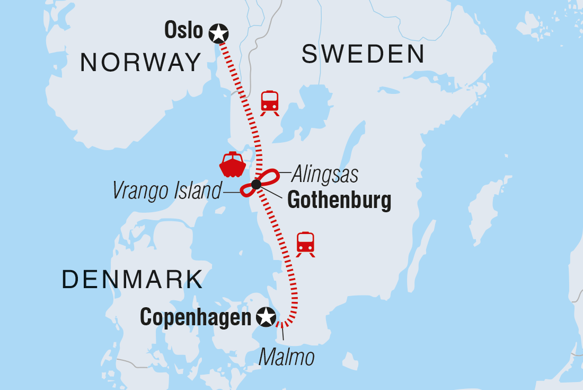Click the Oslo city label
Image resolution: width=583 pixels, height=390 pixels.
click(x=184, y=30)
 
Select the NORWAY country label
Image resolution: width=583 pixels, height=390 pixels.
click(x=140, y=63)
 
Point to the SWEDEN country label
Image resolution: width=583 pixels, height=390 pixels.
click(x=363, y=54)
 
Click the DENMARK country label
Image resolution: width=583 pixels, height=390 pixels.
click(x=132, y=279)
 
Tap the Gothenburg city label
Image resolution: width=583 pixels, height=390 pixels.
click(x=339, y=201)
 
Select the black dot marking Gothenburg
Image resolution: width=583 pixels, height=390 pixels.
click(x=257, y=184)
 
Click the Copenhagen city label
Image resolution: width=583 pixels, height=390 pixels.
click(x=195, y=318)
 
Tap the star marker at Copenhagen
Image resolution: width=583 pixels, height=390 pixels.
click(x=266, y=317)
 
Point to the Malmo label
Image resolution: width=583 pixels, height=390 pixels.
click(x=286, y=357)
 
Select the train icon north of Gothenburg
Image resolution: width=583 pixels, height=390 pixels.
click(x=270, y=102)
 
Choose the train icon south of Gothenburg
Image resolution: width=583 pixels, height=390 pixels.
click(x=305, y=244)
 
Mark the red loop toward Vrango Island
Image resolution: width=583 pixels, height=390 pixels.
click(x=247, y=190)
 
